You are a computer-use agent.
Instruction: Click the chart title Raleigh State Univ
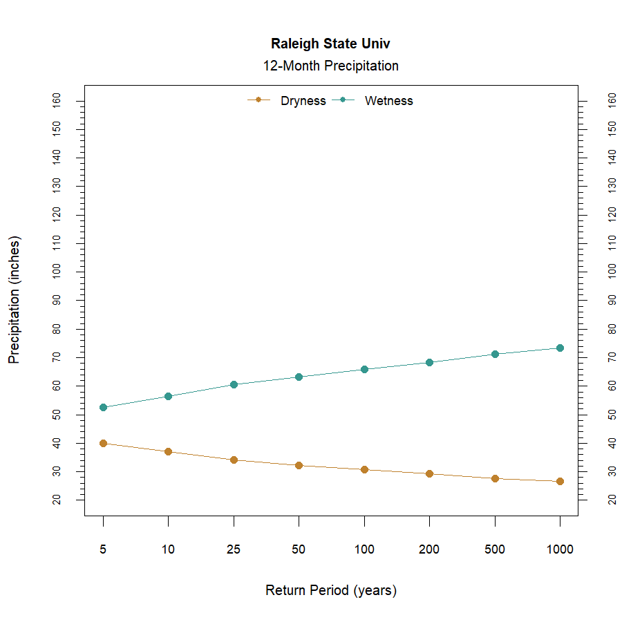(x=330, y=44)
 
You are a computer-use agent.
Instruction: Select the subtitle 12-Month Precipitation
(x=330, y=66)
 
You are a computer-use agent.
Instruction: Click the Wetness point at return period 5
(x=103, y=407)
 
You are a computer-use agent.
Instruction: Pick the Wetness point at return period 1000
(x=560, y=348)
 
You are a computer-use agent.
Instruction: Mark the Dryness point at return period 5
(x=103, y=443)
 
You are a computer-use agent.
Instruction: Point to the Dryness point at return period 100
(x=364, y=469)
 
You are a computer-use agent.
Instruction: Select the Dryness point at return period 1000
(x=560, y=481)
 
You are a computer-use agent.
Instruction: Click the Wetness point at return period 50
(x=299, y=377)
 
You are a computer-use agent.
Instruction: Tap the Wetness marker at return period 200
(x=429, y=362)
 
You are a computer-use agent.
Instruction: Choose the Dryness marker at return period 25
(x=234, y=460)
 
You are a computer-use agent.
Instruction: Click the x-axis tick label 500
(x=494, y=550)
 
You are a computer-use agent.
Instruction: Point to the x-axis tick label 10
(x=168, y=550)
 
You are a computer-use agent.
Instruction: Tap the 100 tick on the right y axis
(x=612, y=272)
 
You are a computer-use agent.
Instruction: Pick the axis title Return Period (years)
(x=330, y=591)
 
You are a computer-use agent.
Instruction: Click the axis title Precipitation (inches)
(x=15, y=300)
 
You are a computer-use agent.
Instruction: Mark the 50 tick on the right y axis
(x=612, y=414)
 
